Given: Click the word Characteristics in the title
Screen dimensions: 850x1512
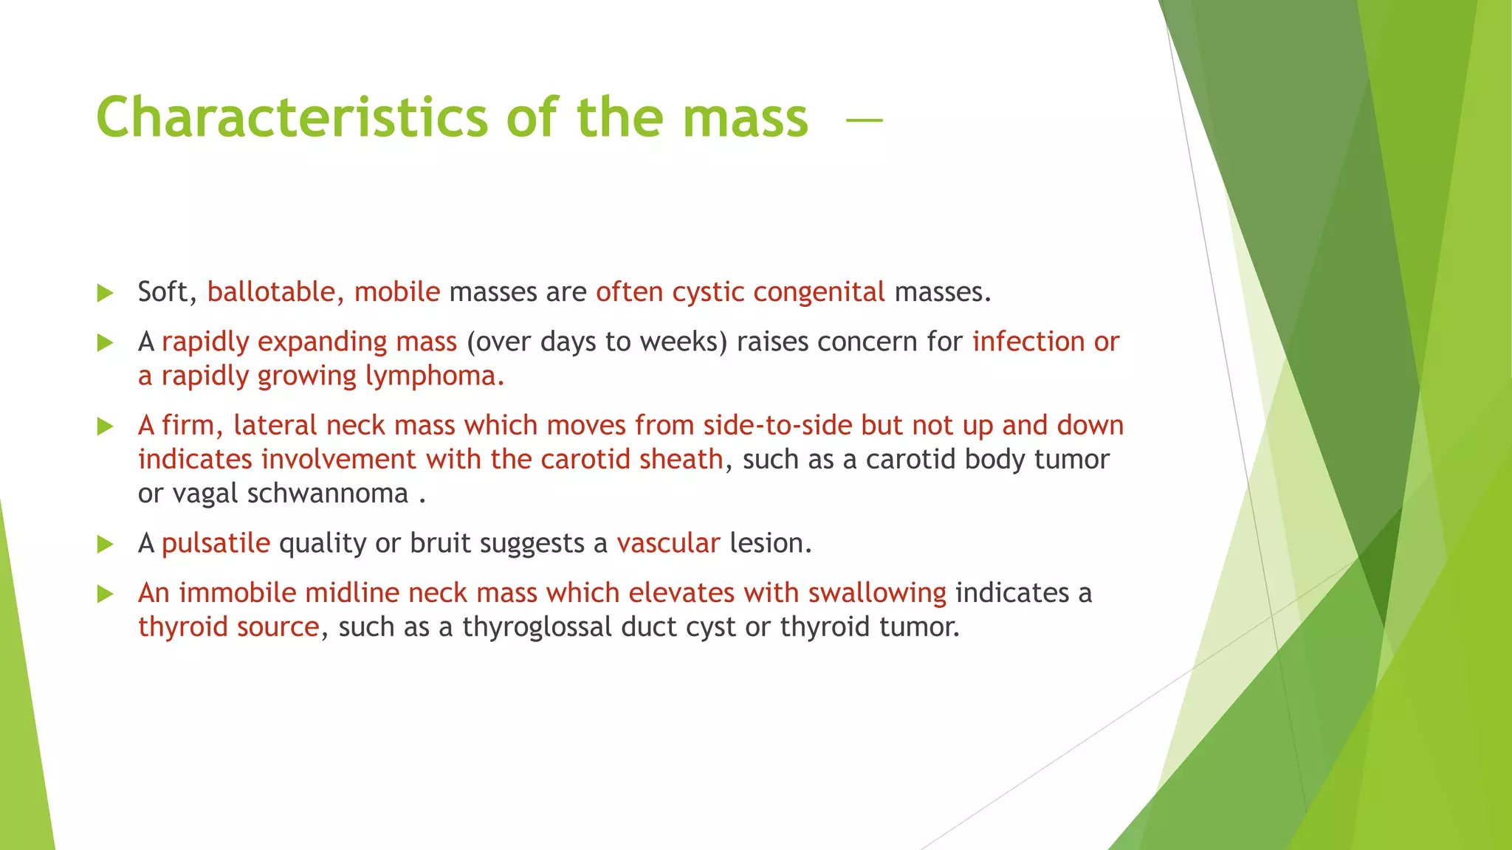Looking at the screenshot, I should pyautogui.click(x=292, y=118).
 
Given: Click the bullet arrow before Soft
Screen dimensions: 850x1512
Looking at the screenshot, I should pyautogui.click(x=106, y=293).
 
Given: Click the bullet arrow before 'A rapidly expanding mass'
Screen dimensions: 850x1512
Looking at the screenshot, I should pyautogui.click(x=106, y=342).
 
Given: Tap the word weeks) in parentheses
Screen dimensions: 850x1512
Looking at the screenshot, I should pyautogui.click(x=684, y=342).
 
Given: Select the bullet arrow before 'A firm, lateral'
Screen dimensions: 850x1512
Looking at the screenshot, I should pyautogui.click(x=106, y=426).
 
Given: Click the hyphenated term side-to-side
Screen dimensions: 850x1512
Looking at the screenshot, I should pyautogui.click(x=777, y=425).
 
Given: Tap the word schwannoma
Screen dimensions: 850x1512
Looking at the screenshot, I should pyautogui.click(x=327, y=494).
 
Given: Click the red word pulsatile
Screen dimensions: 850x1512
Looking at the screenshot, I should pyautogui.click(x=216, y=543).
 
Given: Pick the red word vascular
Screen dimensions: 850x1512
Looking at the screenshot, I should pyautogui.click(x=668, y=543).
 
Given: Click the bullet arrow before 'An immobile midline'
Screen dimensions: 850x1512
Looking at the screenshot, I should pyautogui.click(x=106, y=593).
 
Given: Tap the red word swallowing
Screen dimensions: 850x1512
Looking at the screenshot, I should pyautogui.click(x=877, y=593).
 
